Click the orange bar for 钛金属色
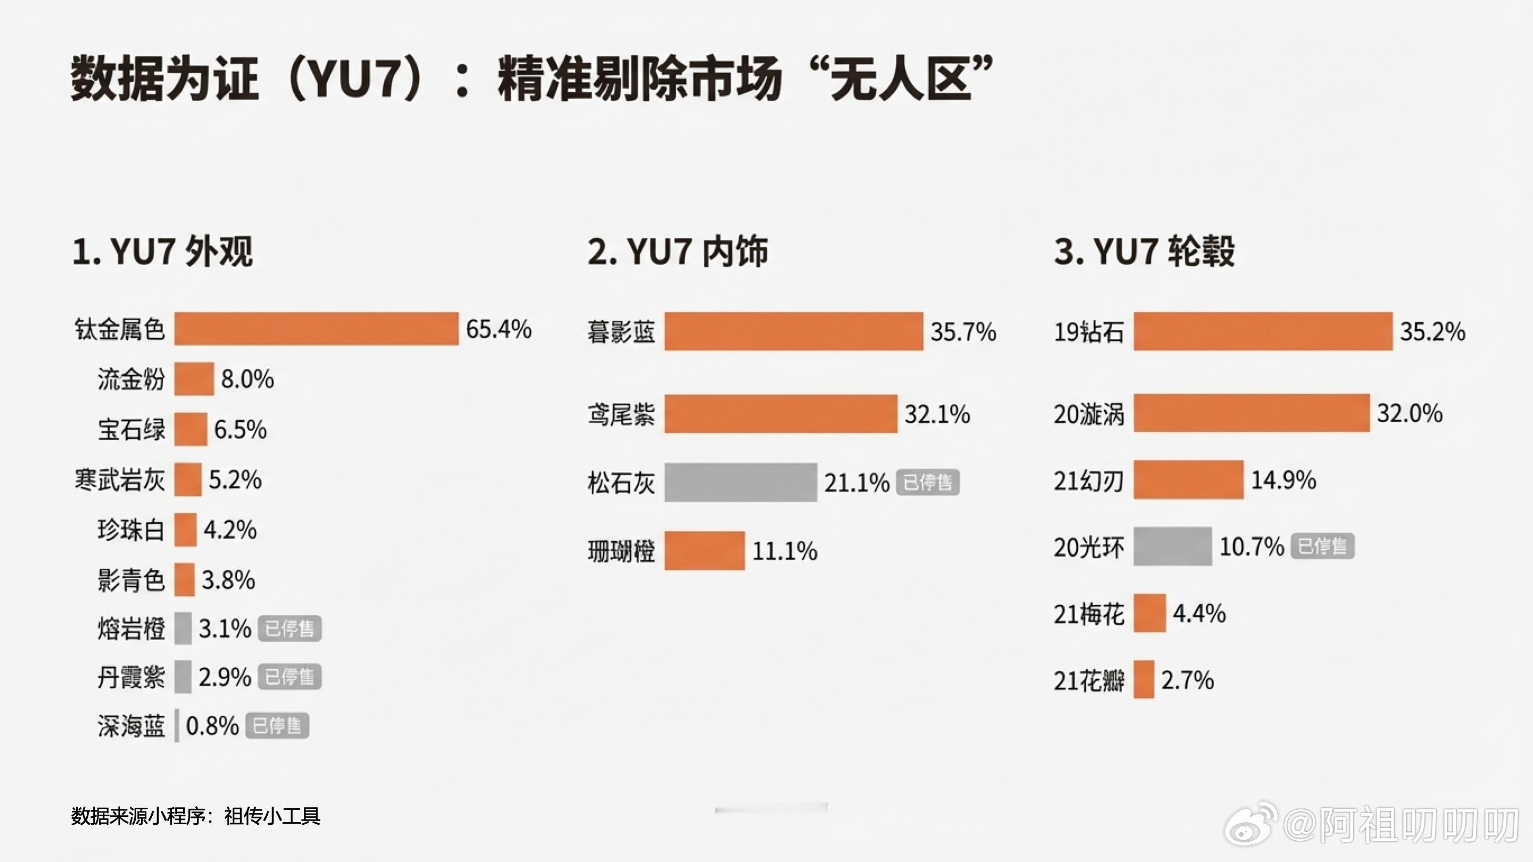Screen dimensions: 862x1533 pyautogui.click(x=316, y=328)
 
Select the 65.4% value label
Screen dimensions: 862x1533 pyautogui.click(x=499, y=329)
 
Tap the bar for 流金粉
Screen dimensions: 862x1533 pyautogui.click(x=194, y=379)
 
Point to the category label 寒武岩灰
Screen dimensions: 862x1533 pyautogui.click(x=120, y=479)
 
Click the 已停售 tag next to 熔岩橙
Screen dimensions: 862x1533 pyautogui.click(x=290, y=629)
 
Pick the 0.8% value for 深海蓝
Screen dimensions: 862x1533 pyautogui.click(x=212, y=726)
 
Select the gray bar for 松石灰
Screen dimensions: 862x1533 pyautogui.click(x=740, y=483)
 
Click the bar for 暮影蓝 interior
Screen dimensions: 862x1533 pyautogui.click(x=793, y=331)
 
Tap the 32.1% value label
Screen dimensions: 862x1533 pyautogui.click(x=937, y=414)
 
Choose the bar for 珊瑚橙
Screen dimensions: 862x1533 pyautogui.click(x=705, y=551)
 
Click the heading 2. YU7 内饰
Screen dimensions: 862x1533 pyautogui.click(x=677, y=251)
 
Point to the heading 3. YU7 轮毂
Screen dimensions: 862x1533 pyautogui.click(x=1144, y=251)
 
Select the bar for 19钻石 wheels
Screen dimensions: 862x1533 pyautogui.click(x=1263, y=331)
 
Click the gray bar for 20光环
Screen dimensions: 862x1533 pyautogui.click(x=1172, y=546)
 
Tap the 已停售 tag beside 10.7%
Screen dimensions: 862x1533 pyautogui.click(x=1322, y=546)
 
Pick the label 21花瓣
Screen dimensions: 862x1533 pyautogui.click(x=1089, y=681)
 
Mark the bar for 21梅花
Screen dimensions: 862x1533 pyautogui.click(x=1149, y=613)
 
